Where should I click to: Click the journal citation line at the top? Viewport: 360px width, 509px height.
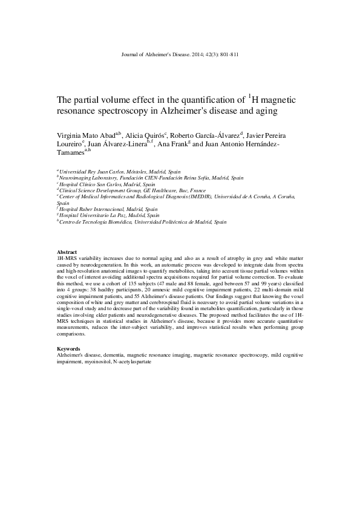click(x=180, y=54)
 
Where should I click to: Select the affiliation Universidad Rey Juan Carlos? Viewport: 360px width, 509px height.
click(x=115, y=172)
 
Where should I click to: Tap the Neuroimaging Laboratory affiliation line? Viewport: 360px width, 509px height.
click(x=151, y=178)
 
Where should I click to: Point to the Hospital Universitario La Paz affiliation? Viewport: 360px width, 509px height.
click(x=109, y=215)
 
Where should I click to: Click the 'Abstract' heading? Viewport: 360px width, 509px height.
click(x=67, y=251)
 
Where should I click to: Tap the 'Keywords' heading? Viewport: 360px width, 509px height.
click(x=68, y=349)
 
